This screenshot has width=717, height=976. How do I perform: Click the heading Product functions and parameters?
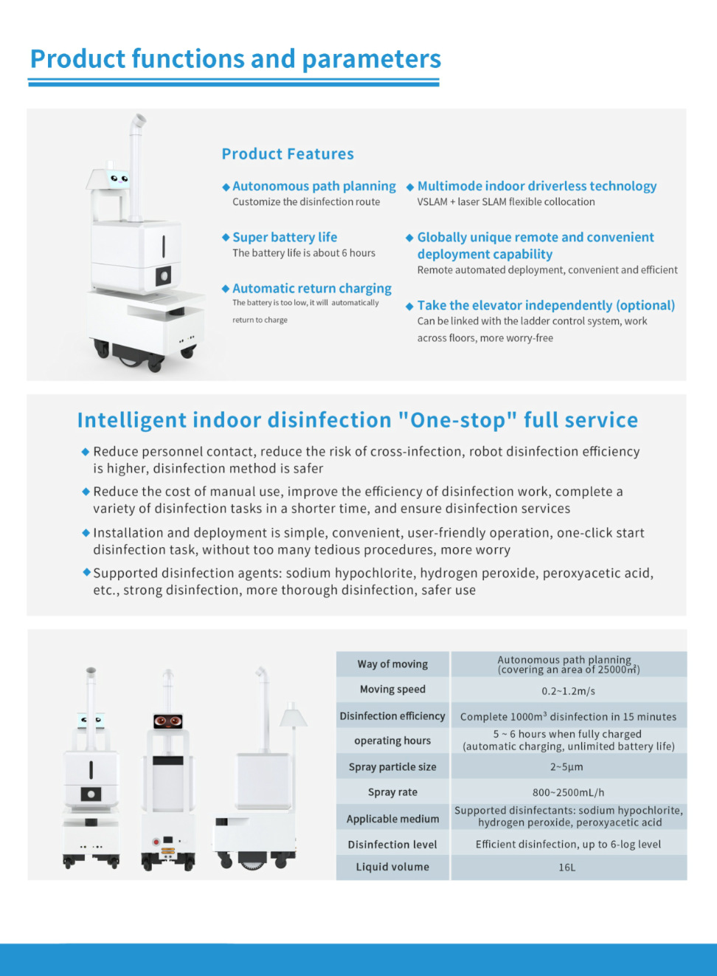coord(235,59)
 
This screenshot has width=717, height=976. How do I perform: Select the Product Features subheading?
coord(288,154)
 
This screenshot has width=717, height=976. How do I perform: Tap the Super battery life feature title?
coord(285,237)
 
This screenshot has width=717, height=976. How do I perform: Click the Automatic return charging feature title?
coord(312,288)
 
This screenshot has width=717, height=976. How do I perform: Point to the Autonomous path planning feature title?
coord(314,186)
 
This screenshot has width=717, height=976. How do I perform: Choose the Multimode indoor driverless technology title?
coord(537,186)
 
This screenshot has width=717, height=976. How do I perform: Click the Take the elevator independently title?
coord(546,305)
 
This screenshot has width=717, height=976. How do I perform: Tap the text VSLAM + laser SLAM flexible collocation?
coord(506,202)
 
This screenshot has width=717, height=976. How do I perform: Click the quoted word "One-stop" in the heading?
coord(457,420)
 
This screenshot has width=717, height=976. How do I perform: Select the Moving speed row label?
coord(392,689)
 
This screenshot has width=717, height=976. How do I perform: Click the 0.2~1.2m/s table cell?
coord(568,691)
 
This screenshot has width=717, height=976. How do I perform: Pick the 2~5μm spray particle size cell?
coord(567,767)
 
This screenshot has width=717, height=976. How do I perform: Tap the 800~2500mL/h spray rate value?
coord(568,792)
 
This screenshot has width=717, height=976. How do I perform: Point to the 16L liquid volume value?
coord(567,867)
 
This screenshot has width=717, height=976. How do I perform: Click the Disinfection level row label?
coord(392,845)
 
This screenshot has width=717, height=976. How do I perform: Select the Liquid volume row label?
coord(392,867)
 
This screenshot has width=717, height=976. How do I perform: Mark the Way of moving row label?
coord(392,664)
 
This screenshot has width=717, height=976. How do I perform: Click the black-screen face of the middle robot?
coord(168,721)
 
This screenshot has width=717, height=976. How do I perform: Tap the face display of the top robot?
coord(118,178)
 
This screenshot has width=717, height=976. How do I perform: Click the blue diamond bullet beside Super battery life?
coord(226,237)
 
